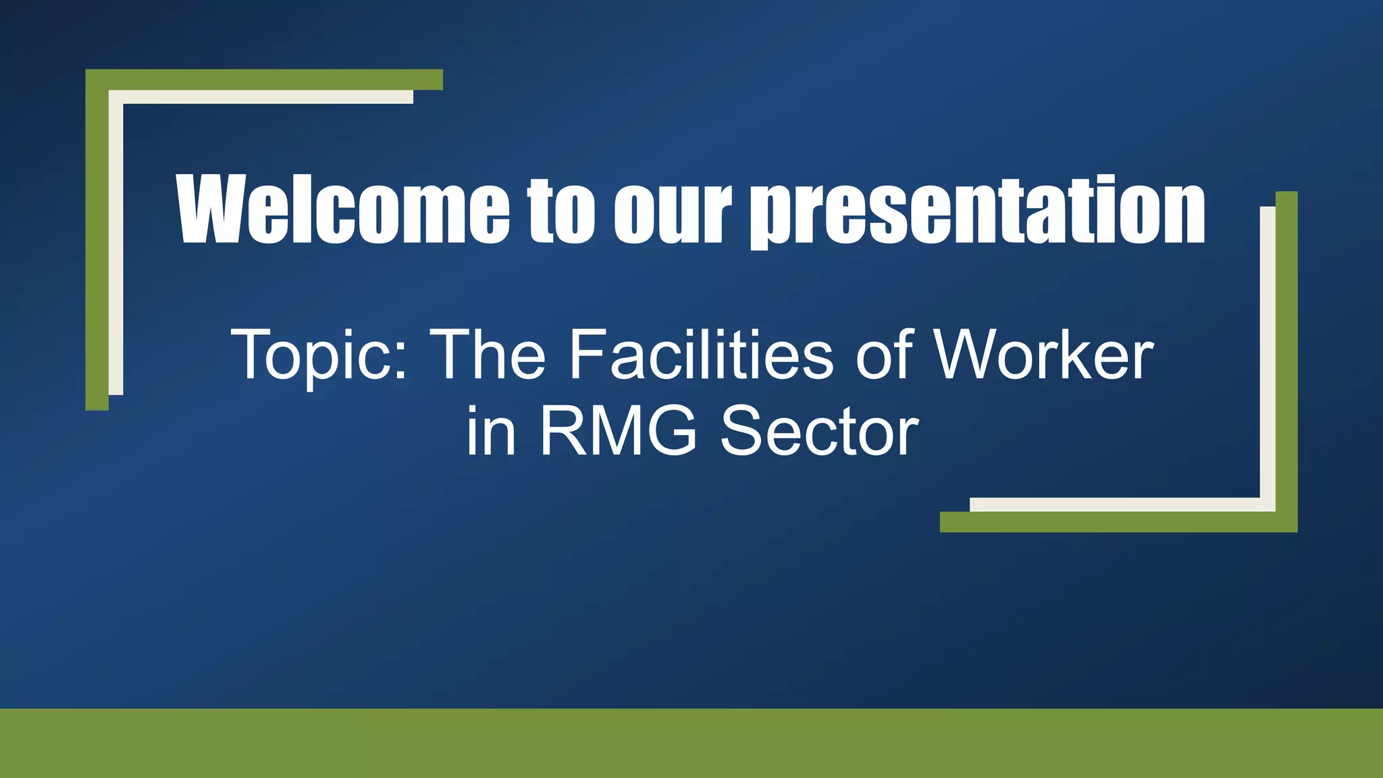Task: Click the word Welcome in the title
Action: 343,209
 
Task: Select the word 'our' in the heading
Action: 672,211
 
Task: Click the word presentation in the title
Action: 978,211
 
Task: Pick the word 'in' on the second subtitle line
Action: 491,432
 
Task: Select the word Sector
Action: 818,432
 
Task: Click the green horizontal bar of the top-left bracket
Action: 270,79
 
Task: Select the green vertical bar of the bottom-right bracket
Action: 1286,351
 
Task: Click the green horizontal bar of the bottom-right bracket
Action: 1114,522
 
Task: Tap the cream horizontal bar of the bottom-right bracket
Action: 1114,504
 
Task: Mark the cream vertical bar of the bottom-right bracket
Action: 1268,351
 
